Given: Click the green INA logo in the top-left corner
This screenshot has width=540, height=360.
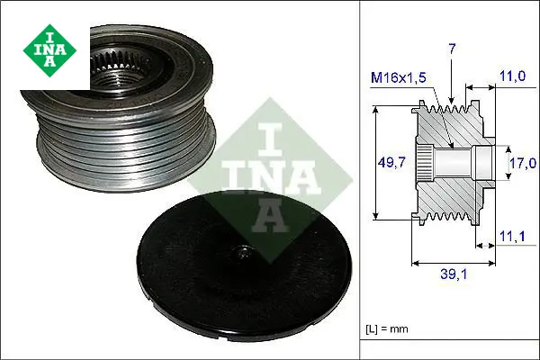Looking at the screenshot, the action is tap(49, 50).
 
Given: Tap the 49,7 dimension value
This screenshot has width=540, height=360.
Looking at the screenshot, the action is tap(391, 162).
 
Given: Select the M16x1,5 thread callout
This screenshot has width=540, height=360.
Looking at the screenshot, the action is tap(399, 78).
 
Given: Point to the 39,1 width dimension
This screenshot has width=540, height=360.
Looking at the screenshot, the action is tap(454, 274).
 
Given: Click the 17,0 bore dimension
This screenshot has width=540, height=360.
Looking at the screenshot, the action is tap(523, 163).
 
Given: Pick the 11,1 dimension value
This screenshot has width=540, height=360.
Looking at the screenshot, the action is tap(512, 237).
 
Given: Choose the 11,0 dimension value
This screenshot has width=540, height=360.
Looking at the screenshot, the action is tap(512, 76).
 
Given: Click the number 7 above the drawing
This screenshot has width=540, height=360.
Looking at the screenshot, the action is tap(452, 49).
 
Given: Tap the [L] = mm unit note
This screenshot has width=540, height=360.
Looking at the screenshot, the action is tap(387, 329).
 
